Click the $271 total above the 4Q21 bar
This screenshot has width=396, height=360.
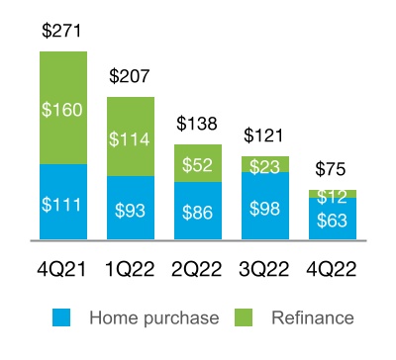[x=62, y=32]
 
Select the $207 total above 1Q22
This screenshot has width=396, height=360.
[x=130, y=75]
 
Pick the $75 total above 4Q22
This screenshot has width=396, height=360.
[x=331, y=168]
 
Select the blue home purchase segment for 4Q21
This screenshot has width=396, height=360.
[x=62, y=203]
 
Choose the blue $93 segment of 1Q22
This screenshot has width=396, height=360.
[x=130, y=209]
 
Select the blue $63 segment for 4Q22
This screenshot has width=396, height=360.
[x=331, y=219]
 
